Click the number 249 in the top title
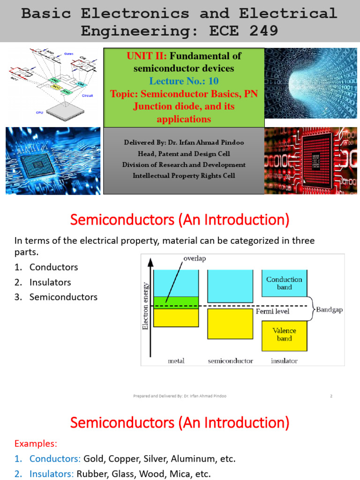click(x=258, y=31)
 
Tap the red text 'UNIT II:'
click(x=147, y=56)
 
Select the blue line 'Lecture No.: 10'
click(x=184, y=81)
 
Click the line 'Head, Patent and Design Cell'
click(x=183, y=153)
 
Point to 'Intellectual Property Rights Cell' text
click(x=184, y=176)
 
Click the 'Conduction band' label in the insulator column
click(x=284, y=283)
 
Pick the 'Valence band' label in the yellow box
click(x=284, y=334)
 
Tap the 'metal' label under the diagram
click(x=176, y=361)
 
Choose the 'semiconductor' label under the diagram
click(x=230, y=361)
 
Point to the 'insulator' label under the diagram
click(x=284, y=361)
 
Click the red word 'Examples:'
click(x=36, y=443)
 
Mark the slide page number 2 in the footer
click(x=331, y=396)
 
